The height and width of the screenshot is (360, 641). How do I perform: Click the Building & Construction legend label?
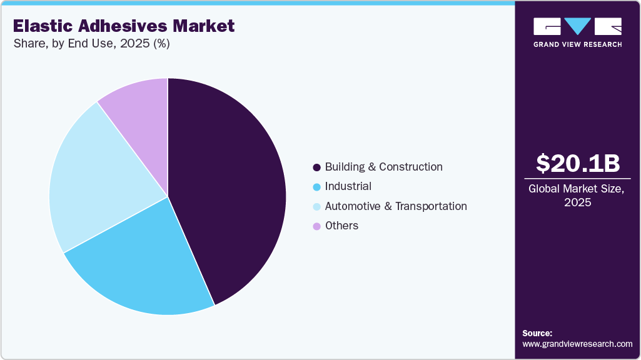pyautogui.click(x=383, y=167)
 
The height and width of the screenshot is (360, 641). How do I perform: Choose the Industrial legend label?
pyautogui.click(x=348, y=186)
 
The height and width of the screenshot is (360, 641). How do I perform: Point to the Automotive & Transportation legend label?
pyautogui.click(x=396, y=206)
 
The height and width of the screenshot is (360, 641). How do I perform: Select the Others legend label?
pyautogui.click(x=341, y=226)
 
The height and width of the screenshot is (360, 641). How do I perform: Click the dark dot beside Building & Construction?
pyautogui.click(x=316, y=167)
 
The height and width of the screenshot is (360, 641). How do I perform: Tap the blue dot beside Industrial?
pyautogui.click(x=316, y=187)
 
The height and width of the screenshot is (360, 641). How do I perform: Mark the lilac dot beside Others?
pyautogui.click(x=316, y=226)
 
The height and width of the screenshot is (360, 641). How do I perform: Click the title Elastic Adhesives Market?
pyautogui.click(x=124, y=26)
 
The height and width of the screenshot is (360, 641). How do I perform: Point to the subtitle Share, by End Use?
pyautogui.click(x=91, y=44)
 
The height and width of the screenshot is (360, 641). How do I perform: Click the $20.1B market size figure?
pyautogui.click(x=578, y=163)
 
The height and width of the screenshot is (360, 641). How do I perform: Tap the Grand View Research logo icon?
pyautogui.click(x=577, y=26)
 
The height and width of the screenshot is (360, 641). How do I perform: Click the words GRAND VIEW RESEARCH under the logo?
pyautogui.click(x=577, y=44)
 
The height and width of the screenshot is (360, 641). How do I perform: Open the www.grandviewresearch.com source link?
pyautogui.click(x=577, y=344)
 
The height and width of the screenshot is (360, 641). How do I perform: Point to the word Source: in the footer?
pyautogui.click(x=537, y=333)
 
